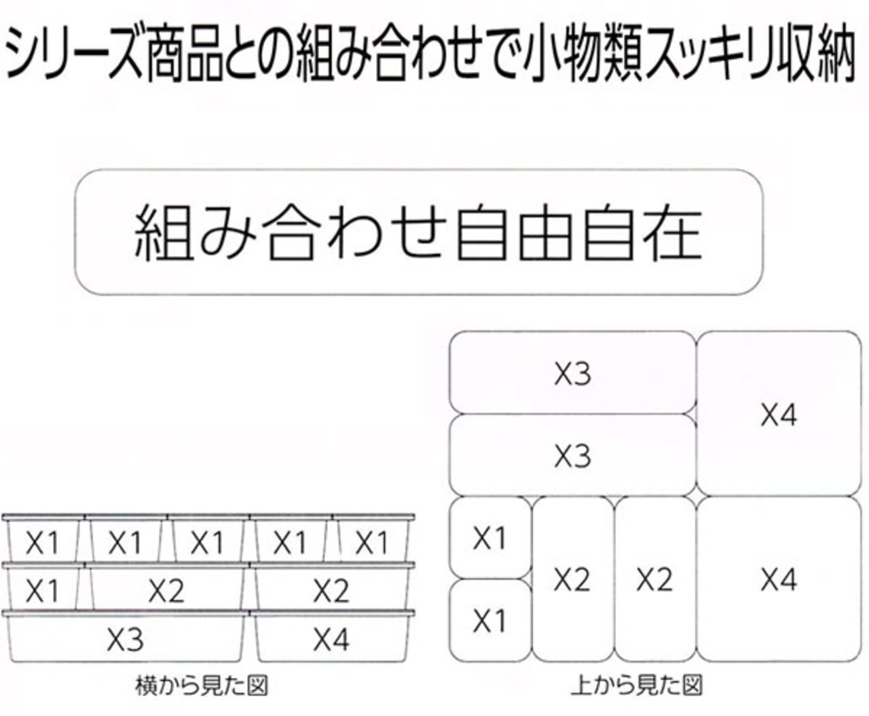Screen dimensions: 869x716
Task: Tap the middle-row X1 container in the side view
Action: (x=42, y=590)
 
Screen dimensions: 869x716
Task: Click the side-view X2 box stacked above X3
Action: (x=166, y=590)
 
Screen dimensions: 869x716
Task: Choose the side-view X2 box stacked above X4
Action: (x=331, y=590)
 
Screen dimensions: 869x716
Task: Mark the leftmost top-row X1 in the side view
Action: (x=42, y=541)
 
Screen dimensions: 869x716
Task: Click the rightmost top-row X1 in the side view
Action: (x=371, y=541)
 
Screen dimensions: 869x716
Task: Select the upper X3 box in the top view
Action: (x=572, y=373)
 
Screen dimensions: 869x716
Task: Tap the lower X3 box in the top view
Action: (x=572, y=455)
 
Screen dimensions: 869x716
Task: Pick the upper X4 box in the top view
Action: (x=779, y=414)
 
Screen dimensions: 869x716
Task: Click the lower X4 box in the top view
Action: (x=779, y=579)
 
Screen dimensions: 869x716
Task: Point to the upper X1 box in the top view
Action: (x=489, y=538)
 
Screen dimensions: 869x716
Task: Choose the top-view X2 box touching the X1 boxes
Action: (x=572, y=579)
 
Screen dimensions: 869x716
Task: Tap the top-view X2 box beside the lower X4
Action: (x=654, y=579)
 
